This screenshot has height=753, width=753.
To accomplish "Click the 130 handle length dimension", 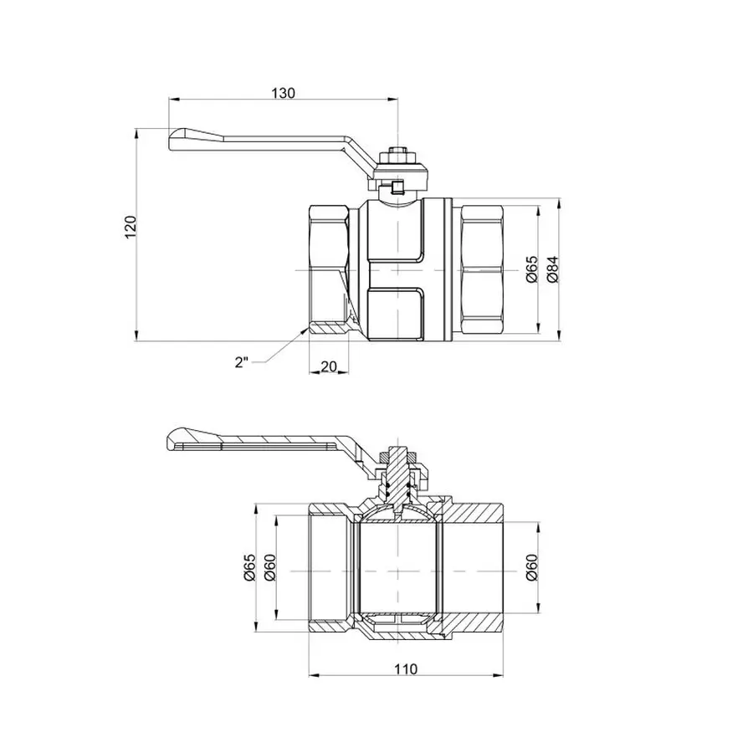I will pyautogui.click(x=283, y=93).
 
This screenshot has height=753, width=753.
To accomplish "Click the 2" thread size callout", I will pyautogui.click(x=242, y=362).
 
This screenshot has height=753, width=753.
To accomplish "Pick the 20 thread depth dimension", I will pyautogui.click(x=328, y=366).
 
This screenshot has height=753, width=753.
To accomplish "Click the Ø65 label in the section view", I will pyautogui.click(x=248, y=568).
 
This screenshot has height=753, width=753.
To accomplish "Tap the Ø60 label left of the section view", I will pyautogui.click(x=269, y=568).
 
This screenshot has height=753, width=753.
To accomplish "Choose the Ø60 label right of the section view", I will pyautogui.click(x=532, y=568).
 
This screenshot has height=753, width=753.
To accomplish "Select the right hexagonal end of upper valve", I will pyautogui.click(x=482, y=271).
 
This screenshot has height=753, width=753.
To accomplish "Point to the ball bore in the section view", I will pyautogui.click(x=398, y=569).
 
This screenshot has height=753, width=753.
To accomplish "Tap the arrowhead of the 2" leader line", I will pyautogui.click(x=302, y=332).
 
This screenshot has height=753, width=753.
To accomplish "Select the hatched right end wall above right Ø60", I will pyautogui.click(x=477, y=511).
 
